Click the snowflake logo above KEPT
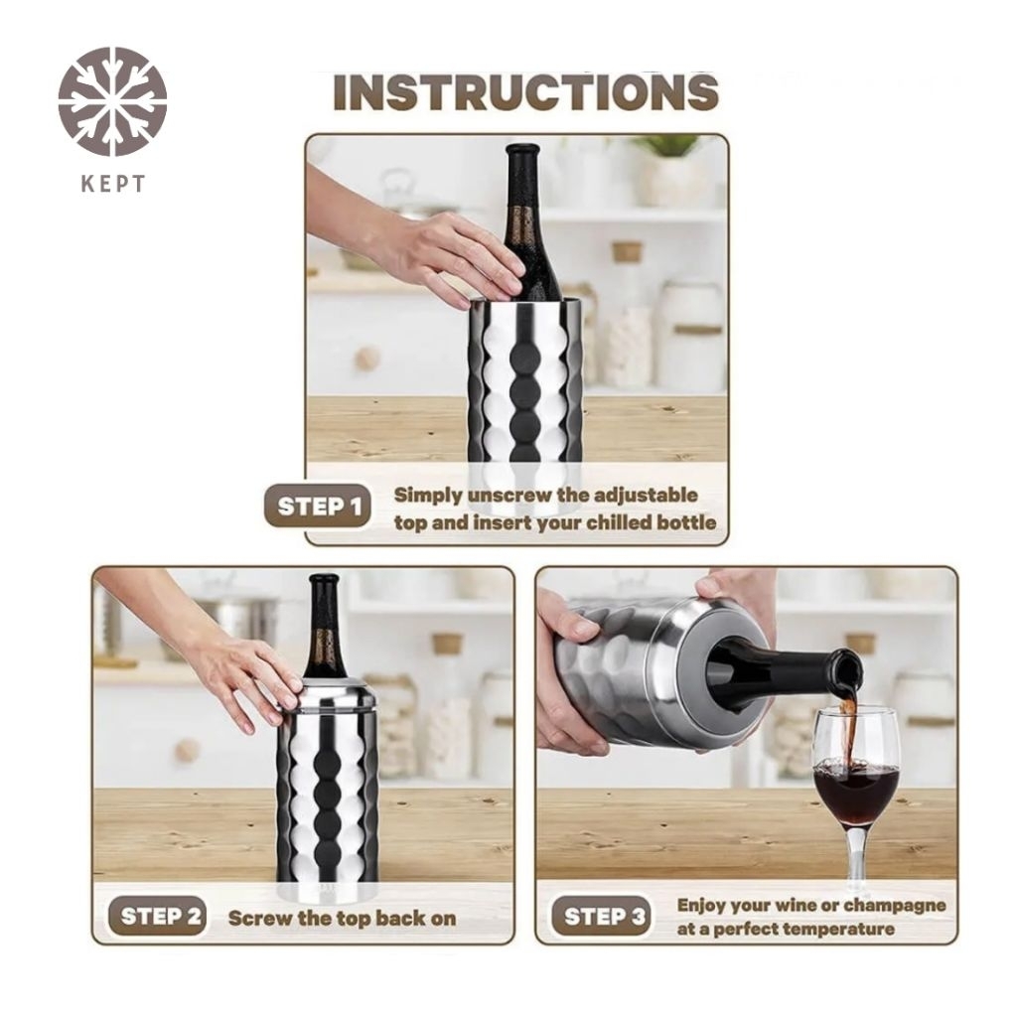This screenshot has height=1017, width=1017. tap(113, 102)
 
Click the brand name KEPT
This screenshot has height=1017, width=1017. tap(113, 184)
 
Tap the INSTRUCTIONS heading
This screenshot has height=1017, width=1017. tap(526, 91)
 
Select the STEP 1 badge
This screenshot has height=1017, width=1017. tap(318, 506)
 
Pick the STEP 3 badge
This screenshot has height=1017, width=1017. tap(603, 917)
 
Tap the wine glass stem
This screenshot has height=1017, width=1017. tap(855, 850)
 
